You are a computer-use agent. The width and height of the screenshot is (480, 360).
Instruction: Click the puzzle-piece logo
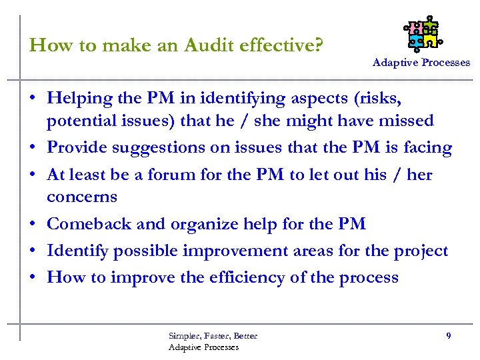click(421, 34)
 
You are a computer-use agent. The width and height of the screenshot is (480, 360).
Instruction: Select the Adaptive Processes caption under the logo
click(421, 62)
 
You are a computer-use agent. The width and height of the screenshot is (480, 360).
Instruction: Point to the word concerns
click(82, 197)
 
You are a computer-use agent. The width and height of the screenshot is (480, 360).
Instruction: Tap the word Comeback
click(89, 224)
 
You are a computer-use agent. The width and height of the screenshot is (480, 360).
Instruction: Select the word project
click(420, 251)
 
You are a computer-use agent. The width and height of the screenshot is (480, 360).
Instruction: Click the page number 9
click(449, 336)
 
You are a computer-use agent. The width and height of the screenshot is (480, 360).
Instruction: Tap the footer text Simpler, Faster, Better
click(213, 335)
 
